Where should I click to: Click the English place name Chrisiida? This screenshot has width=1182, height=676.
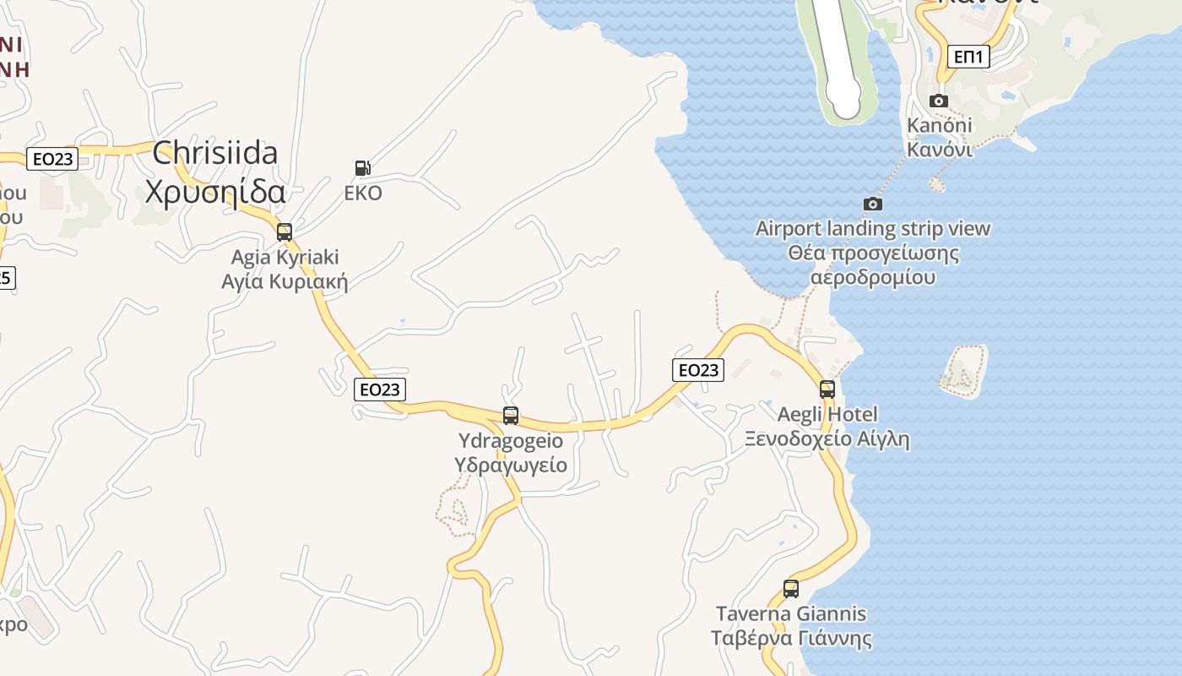click(215, 153)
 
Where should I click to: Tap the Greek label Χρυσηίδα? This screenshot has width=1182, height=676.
click(215, 192)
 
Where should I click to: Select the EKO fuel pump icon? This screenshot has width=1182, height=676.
click(363, 168)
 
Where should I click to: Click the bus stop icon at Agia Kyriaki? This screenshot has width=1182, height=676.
click(285, 232)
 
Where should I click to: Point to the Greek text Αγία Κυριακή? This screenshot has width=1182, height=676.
click(285, 281)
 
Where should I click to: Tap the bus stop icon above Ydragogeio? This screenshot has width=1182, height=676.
click(511, 416)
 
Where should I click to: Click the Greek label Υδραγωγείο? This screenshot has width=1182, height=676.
click(511, 465)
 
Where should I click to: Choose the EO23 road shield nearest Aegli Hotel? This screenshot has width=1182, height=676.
click(698, 369)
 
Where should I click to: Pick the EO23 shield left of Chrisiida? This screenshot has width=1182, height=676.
click(52, 159)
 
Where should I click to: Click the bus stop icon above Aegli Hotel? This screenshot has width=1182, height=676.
click(827, 390)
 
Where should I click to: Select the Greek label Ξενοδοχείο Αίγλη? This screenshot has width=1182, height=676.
click(827, 439)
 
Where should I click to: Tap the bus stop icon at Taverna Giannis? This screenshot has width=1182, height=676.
click(791, 589)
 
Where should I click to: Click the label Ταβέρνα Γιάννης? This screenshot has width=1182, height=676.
click(791, 638)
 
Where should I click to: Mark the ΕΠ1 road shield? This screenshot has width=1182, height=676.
click(968, 57)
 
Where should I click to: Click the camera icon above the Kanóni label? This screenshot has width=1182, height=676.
click(938, 101)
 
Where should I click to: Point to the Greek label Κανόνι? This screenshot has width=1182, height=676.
click(940, 150)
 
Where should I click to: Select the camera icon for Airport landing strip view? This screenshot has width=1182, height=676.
click(873, 204)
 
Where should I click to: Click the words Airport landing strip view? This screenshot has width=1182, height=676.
click(873, 228)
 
